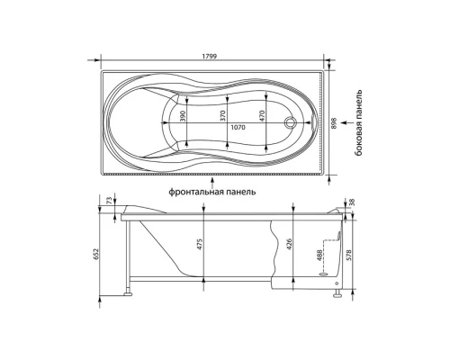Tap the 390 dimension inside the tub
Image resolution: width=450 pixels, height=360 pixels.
(182, 117)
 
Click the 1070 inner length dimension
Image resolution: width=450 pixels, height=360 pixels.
(238, 128)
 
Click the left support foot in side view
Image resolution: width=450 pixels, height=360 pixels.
(130, 290)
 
